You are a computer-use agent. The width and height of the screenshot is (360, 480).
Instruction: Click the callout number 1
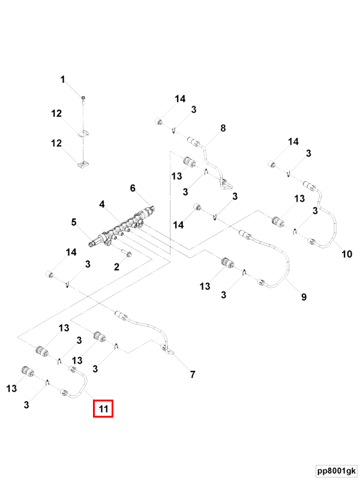[x=62, y=79]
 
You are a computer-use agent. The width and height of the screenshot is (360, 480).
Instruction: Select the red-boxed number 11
[x=103, y=410]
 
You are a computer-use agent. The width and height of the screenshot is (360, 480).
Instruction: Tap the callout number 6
[x=133, y=188]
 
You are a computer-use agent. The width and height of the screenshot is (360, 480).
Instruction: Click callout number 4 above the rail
[x=103, y=205]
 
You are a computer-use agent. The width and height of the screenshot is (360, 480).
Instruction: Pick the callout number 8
[x=223, y=128]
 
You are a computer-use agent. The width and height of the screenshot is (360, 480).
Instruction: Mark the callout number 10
[x=346, y=254]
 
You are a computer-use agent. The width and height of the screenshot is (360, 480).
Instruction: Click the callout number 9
[x=303, y=297]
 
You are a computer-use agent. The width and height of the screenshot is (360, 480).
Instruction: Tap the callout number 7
[x=193, y=375]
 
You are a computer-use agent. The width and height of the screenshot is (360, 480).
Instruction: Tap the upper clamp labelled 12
[x=83, y=133]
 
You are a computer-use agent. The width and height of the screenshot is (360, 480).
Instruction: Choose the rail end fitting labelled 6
[x=148, y=212]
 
